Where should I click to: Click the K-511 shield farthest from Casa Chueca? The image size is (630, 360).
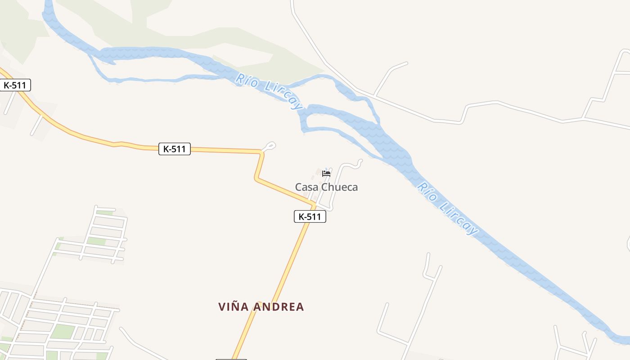point(15,85)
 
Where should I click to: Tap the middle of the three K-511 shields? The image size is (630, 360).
point(175,149)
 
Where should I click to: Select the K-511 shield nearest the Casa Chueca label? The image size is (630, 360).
point(310,216)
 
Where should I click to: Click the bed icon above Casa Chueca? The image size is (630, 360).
point(326,173)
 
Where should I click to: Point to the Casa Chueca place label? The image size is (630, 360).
point(326,187)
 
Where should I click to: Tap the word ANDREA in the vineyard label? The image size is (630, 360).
point(278,307)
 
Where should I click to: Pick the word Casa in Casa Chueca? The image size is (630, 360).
point(305,187)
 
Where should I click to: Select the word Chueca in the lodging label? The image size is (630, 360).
point(337,187)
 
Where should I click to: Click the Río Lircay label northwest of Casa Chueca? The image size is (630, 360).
point(269,91)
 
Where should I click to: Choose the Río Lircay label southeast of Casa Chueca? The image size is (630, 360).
point(447,208)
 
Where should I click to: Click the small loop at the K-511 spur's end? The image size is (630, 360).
point(270,145)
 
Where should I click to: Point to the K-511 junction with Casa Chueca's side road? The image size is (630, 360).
point(315,207)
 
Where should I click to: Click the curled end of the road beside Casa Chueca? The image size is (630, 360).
point(359,162)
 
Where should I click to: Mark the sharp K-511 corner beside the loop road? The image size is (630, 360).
point(261,153)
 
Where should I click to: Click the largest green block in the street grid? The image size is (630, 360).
point(63,331)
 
